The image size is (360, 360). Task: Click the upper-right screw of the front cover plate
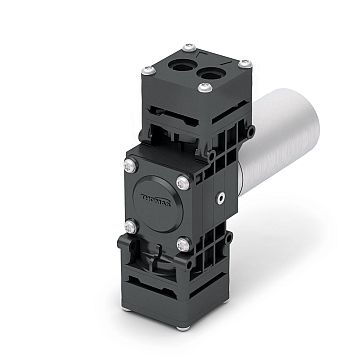click(x=183, y=181)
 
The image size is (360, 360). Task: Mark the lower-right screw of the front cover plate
click(x=182, y=243)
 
